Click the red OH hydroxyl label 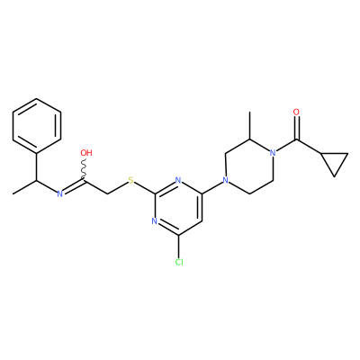point(86,153)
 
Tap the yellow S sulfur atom point(130,181)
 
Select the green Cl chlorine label point(179,262)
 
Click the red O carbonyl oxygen point(296,112)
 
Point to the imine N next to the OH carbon point(60,194)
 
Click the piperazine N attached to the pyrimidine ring point(226,181)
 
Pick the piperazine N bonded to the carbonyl point(273,153)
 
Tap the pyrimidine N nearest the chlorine point(155,221)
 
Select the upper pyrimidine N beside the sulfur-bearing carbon point(178,181)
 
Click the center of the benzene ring point(37,126)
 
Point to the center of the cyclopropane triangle point(335,161)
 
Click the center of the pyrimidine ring point(178,208)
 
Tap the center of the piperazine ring point(249,166)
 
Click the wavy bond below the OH point(85,168)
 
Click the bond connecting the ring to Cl point(179,247)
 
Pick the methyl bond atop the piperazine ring point(249,126)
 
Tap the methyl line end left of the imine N point(13,193)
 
